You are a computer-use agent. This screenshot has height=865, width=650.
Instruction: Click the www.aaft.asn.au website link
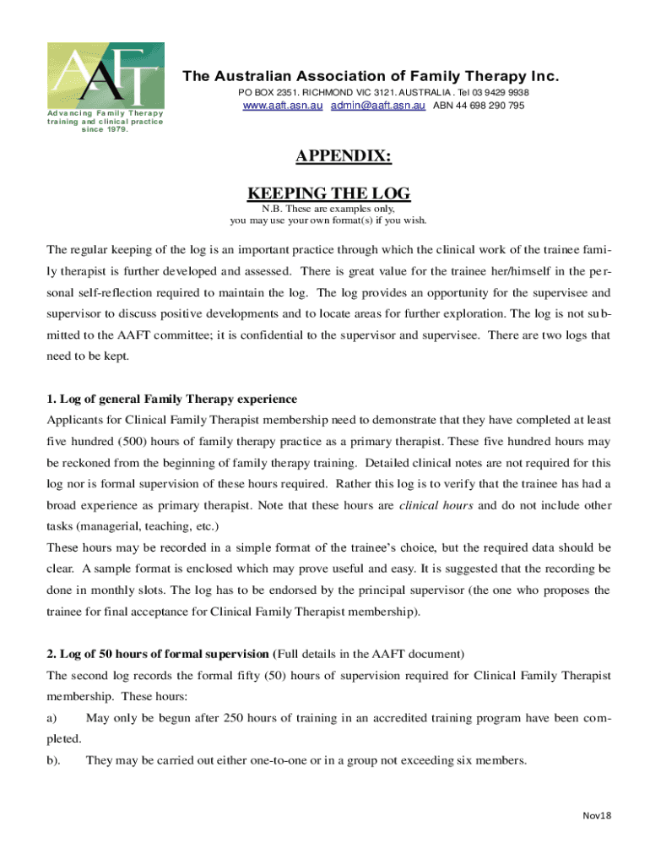(282, 106)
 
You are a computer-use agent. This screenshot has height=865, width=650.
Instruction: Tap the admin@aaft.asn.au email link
(376, 106)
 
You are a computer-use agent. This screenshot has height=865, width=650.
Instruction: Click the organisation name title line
(371, 77)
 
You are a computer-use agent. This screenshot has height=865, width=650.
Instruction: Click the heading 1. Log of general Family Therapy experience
(172, 399)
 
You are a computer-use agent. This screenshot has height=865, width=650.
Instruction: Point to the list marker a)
(51, 718)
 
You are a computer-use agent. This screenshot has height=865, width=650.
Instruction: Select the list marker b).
(53, 760)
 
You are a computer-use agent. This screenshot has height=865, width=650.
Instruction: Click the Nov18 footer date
(596, 814)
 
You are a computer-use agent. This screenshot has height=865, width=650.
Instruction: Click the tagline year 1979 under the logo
(116, 129)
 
